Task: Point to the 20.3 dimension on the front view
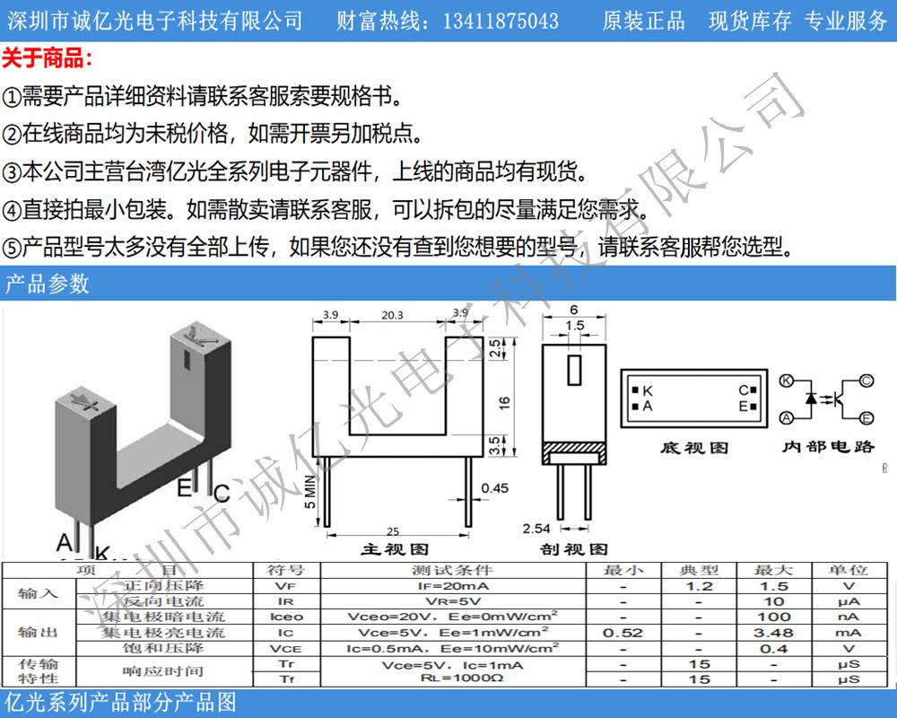[391, 315]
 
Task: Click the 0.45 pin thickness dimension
[495, 488]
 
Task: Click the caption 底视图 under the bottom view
[694, 447]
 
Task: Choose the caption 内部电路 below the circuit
[827, 446]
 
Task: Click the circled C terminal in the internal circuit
[867, 381]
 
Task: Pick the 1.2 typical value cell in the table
[700, 585]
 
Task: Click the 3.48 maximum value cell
[773, 633]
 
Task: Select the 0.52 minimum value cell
[623, 633]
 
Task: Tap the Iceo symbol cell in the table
[286, 617]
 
